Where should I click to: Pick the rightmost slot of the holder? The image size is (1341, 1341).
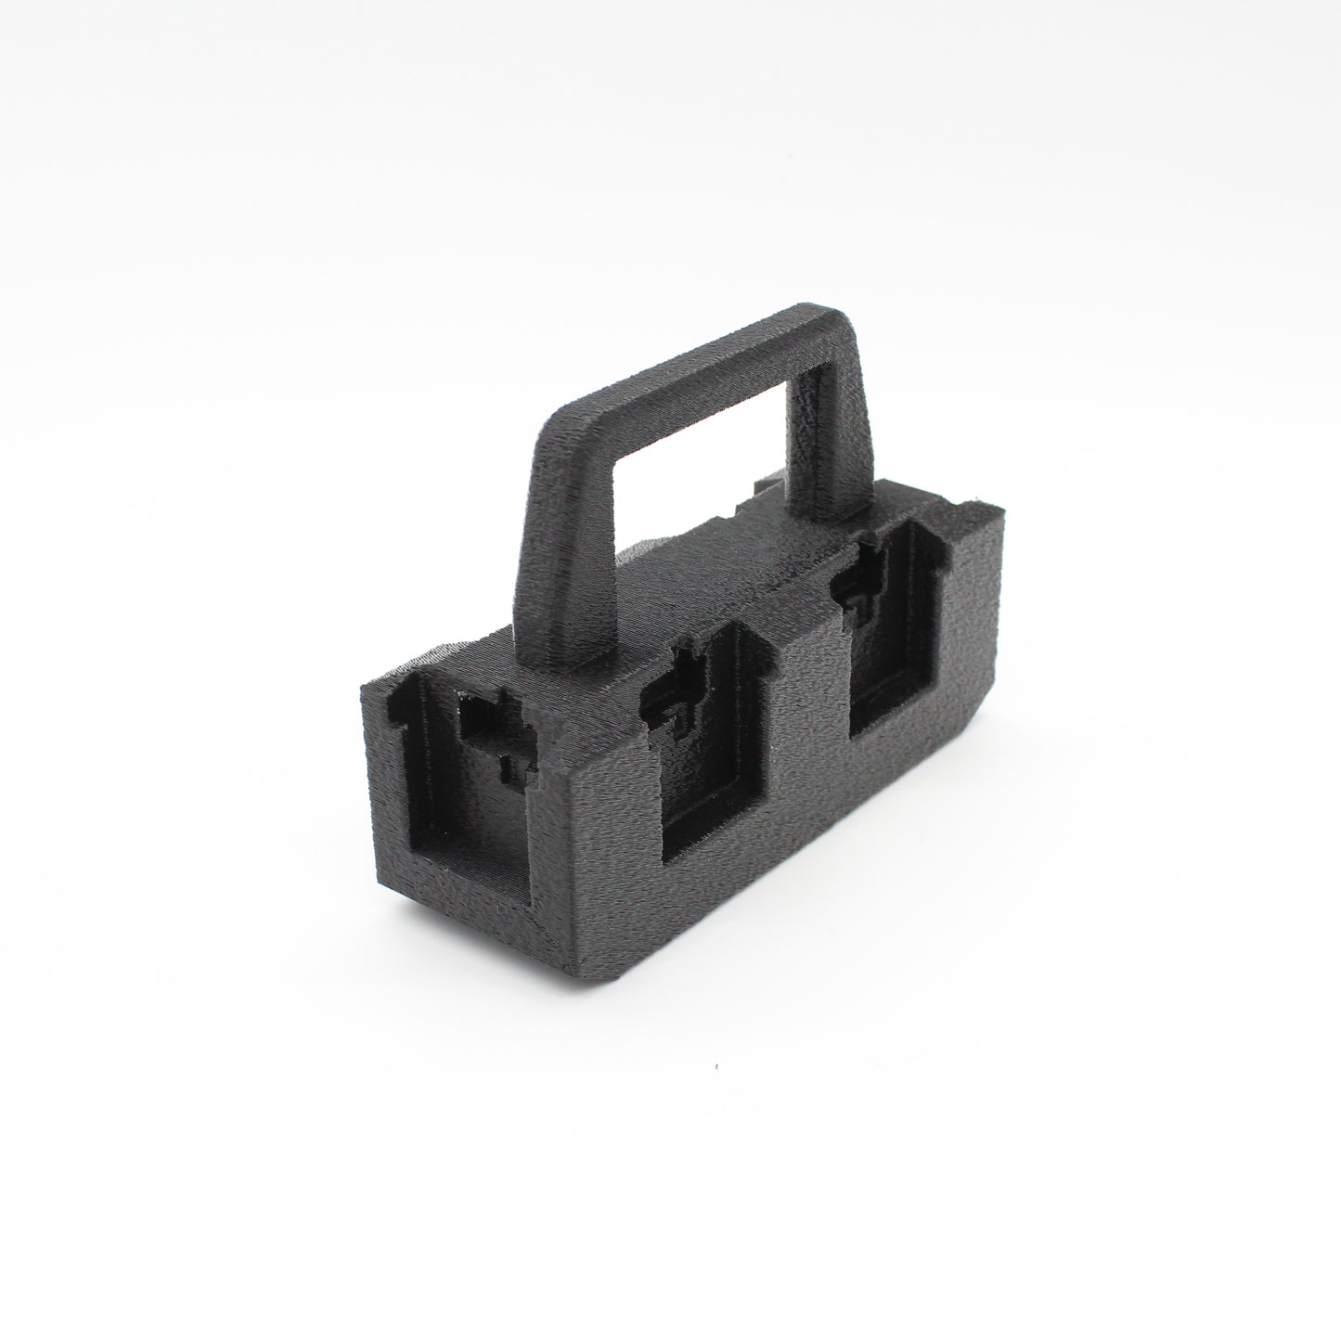click(896, 659)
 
